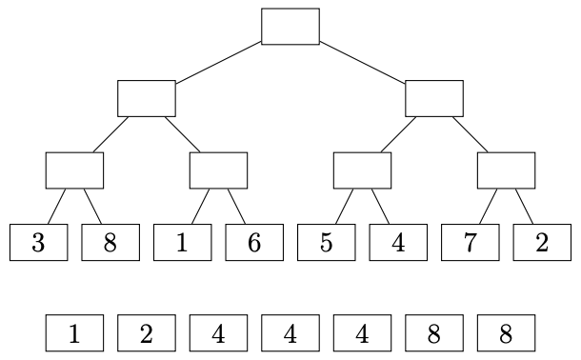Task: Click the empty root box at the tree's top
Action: (290, 27)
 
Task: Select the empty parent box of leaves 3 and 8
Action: (75, 170)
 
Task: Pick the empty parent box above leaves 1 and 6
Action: (219, 170)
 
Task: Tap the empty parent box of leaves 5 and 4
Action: (362, 170)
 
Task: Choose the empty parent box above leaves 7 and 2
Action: (506, 170)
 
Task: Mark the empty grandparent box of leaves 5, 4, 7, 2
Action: (434, 98)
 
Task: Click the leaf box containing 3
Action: (39, 242)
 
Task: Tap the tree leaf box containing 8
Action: (110, 242)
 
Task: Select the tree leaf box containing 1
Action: (183, 242)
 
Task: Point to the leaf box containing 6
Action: (254, 242)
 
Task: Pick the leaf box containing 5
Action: (327, 242)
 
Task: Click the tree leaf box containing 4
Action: (398, 242)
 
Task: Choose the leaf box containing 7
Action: (471, 242)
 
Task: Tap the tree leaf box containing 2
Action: (542, 242)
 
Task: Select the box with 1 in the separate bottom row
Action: (75, 333)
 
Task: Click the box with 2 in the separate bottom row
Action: (147, 333)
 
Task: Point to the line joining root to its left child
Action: (219, 63)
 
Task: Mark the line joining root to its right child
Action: (362, 63)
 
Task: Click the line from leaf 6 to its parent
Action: (236, 207)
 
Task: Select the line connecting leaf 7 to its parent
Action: (488, 207)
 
